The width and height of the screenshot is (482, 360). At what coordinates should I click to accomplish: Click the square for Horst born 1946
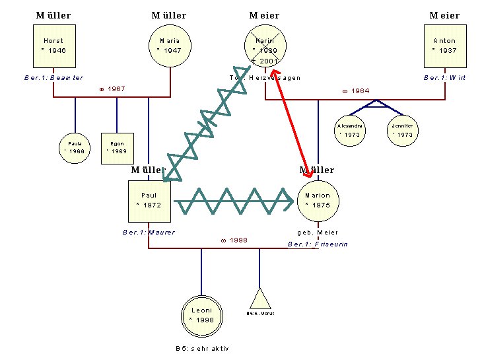(x=53, y=46)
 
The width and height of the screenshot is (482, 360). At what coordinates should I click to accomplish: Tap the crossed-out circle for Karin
(x=264, y=46)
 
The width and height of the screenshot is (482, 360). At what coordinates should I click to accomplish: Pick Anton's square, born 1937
(x=444, y=46)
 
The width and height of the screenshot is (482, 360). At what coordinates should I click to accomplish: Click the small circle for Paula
(x=74, y=146)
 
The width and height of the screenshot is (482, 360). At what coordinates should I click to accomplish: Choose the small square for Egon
(x=117, y=147)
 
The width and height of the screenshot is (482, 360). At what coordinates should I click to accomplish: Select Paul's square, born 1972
(x=149, y=201)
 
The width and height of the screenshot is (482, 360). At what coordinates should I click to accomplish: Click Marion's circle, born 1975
(x=318, y=201)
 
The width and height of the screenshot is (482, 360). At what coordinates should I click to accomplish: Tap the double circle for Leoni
(x=201, y=314)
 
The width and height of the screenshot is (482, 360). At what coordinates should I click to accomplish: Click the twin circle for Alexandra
(x=349, y=129)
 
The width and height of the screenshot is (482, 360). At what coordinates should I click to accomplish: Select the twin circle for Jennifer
(x=401, y=129)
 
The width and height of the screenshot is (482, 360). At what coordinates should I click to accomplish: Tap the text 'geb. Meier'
(x=318, y=233)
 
